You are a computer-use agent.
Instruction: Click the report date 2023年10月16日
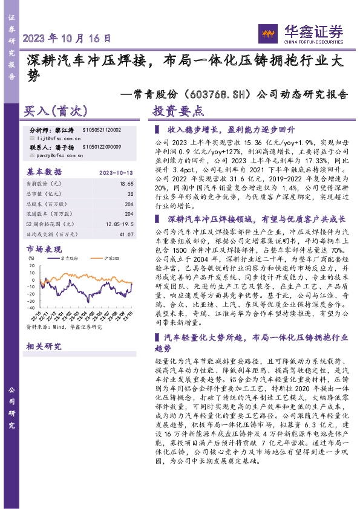tap(67, 38)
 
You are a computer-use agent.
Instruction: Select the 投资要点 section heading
tap(178, 111)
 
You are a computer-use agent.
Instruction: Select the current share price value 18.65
tap(126, 183)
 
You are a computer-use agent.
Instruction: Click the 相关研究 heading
tap(44, 346)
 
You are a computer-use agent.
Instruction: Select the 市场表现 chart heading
tap(44, 248)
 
